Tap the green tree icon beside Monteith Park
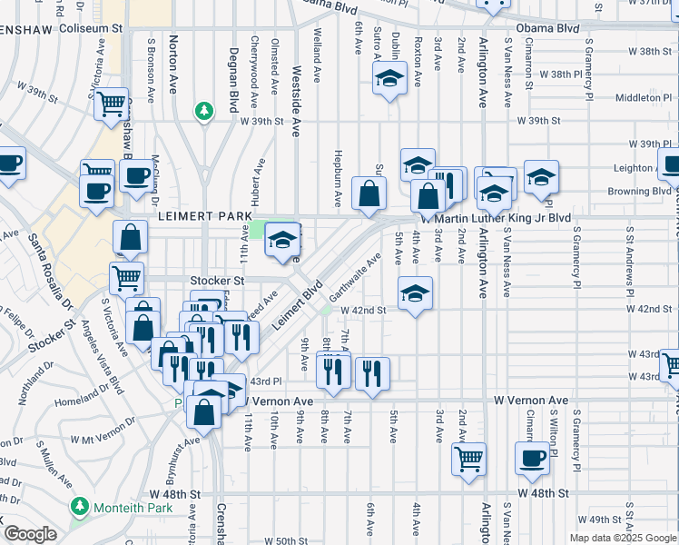tap(81, 505)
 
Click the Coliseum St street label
tap(91, 28)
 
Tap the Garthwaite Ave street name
tap(355, 279)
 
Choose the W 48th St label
tap(543, 492)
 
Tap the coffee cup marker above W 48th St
tap(532, 458)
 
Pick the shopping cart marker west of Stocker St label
tap(126, 276)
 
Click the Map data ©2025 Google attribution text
tap(623, 538)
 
